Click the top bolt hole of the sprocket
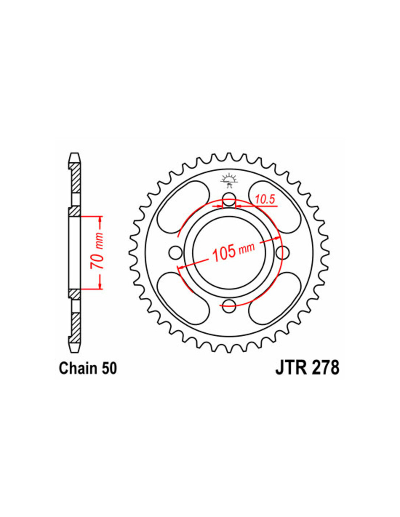(x=229, y=199)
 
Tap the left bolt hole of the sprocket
(x=175, y=253)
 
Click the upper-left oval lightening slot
(x=184, y=207)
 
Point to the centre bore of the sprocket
(x=229, y=253)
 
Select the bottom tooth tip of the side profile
(x=75, y=352)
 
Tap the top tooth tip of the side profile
(x=75, y=153)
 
